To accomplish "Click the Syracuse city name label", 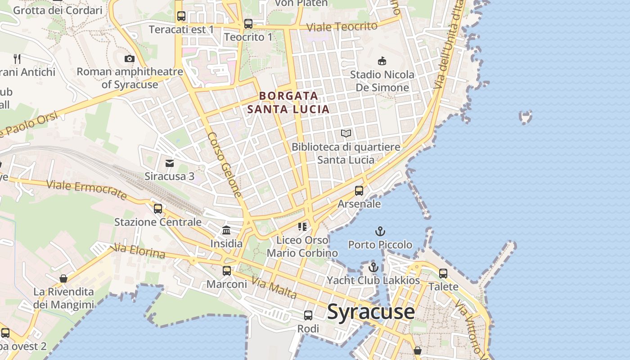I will coord(371,311).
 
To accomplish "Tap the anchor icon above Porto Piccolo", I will coord(380,232).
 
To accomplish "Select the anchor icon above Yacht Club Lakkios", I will coord(373,267).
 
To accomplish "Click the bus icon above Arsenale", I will coord(359,191).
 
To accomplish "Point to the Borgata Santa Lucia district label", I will coord(288,102).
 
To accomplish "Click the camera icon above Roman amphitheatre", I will coord(130,58).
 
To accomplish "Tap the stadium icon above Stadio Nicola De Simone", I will coord(382,61).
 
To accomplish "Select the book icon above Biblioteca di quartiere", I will coord(346,134).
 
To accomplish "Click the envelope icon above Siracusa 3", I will coord(170,163).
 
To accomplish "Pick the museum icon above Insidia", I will coord(226,230).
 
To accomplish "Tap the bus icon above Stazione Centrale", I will coord(157,209).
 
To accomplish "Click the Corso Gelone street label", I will coord(225,164).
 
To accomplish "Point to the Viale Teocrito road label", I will coord(342,27).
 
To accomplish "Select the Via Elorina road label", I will coord(139,251).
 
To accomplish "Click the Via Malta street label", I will coord(274,288).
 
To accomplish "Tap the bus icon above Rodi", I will coord(308,315).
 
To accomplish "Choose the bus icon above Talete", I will coord(443,273).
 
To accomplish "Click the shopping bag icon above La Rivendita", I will coord(63,279).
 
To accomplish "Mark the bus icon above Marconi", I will coord(227,271).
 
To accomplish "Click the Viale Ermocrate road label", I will coord(86,189).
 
